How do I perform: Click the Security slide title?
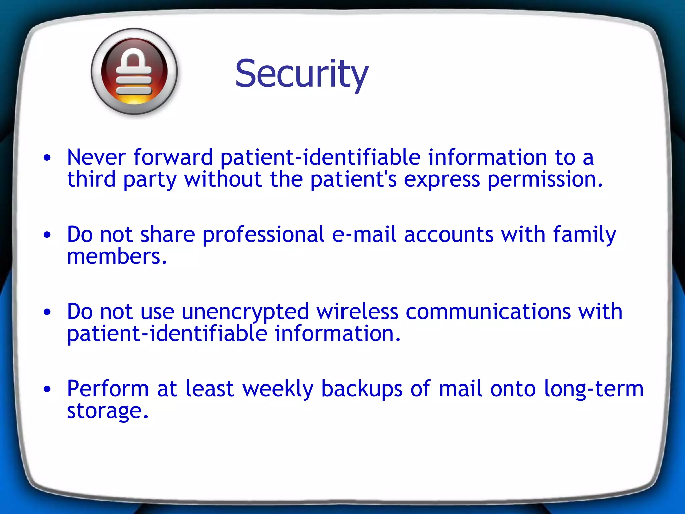tap(302, 74)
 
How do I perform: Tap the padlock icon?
tap(134, 72)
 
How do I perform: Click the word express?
tap(442, 180)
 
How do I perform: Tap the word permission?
tap(545, 180)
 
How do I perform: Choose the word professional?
tap(263, 234)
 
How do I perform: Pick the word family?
tap(584, 235)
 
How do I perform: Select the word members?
tap(116, 257)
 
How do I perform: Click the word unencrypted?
tap(245, 312)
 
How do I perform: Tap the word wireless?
tap(357, 311)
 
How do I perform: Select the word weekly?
tap(278, 389)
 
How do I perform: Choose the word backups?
tap(362, 389)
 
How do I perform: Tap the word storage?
tap(107, 411)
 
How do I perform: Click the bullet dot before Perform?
tap(47, 389)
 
